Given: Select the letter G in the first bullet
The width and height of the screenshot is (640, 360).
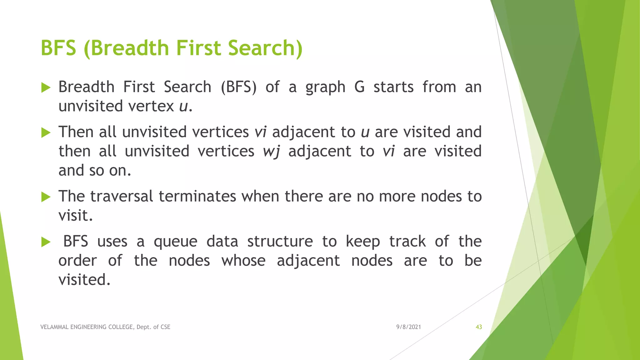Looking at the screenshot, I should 359,87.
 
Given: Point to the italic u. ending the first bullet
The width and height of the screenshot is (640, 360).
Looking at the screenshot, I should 186,106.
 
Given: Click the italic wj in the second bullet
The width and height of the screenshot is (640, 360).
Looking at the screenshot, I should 271,151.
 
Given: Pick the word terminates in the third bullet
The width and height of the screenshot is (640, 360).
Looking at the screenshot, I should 197,196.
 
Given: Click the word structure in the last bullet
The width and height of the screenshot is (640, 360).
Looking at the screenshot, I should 280,241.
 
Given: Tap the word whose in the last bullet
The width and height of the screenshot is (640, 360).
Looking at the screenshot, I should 243,260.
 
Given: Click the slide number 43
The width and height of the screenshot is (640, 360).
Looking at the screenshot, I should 479,327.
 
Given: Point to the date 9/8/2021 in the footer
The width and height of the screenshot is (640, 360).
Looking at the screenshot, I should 408,327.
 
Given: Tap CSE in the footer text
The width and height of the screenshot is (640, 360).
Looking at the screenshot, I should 165,327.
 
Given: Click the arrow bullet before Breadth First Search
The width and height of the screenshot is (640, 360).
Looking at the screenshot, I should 46,87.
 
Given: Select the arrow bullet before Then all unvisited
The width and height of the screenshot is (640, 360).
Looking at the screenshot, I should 46,132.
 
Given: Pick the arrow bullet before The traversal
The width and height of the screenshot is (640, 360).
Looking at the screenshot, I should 46,197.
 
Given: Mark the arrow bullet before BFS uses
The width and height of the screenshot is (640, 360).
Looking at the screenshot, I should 46,242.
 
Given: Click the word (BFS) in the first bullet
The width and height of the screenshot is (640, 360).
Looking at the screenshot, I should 239,87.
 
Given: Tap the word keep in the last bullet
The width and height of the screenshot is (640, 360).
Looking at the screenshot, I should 363,242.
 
